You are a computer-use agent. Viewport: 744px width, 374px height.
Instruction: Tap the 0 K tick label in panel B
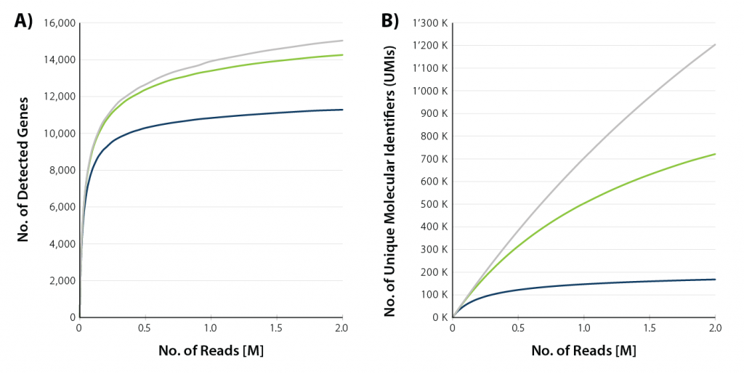[x=438, y=317]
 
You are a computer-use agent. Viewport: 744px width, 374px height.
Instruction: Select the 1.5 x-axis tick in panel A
[x=277, y=328]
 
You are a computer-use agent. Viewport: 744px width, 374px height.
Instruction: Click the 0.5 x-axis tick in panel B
[x=518, y=328]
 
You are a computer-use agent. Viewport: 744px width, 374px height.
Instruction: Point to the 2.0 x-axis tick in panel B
[x=715, y=328]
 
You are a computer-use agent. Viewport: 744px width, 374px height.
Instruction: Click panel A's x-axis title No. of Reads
[x=211, y=351]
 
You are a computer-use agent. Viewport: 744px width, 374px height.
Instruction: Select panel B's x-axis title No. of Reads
[x=583, y=351]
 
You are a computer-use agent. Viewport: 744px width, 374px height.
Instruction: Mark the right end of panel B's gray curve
[x=715, y=45]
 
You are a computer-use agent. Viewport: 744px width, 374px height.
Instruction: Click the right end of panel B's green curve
[x=715, y=154]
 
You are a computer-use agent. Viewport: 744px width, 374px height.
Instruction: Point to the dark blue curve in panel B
[x=581, y=283]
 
